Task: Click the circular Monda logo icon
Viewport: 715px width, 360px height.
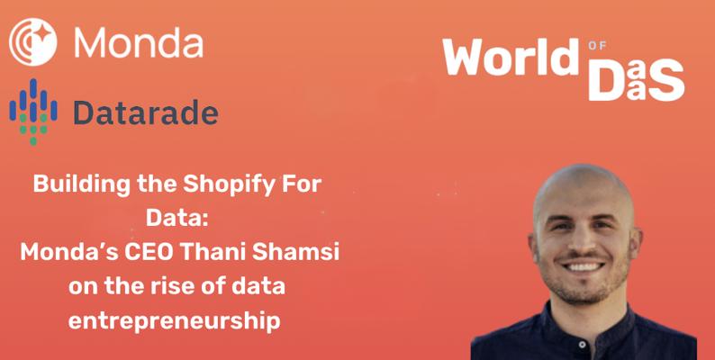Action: click(x=33, y=41)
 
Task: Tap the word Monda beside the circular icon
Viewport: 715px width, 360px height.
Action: click(x=139, y=42)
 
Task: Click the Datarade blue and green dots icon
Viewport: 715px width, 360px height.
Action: click(x=33, y=112)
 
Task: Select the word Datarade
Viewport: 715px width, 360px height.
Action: click(x=146, y=112)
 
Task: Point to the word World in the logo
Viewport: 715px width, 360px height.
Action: click(x=511, y=57)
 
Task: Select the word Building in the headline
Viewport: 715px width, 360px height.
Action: click(x=84, y=185)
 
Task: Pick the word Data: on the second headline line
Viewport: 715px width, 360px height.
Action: click(x=176, y=219)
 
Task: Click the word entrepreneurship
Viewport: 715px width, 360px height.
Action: click(x=174, y=321)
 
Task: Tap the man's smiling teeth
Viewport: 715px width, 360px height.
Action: click(x=584, y=266)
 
